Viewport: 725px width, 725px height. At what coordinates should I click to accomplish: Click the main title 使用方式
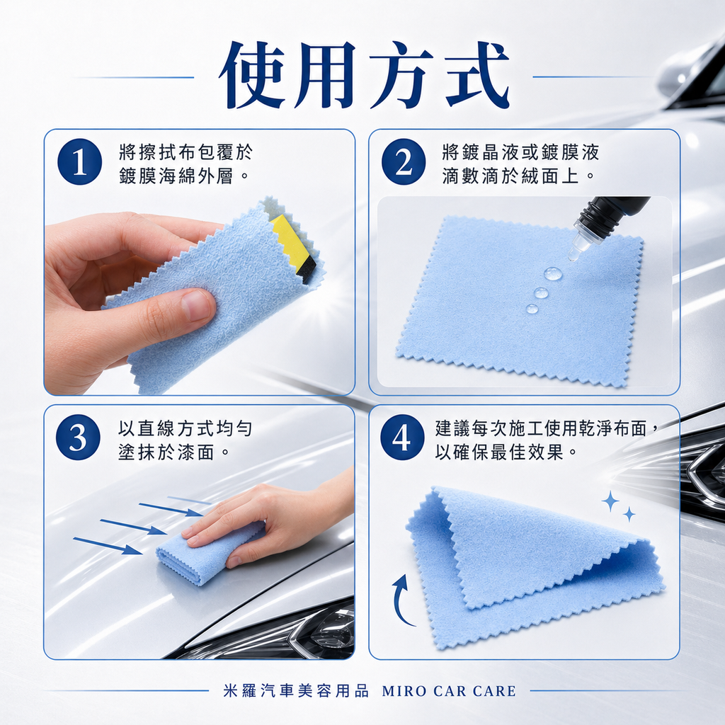click(363, 76)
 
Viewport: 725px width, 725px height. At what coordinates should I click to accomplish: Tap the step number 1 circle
click(79, 162)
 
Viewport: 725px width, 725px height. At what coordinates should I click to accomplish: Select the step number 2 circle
click(403, 162)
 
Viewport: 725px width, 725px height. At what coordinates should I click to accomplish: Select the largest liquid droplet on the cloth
click(553, 273)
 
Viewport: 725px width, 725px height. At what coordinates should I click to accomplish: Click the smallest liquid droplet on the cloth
click(532, 309)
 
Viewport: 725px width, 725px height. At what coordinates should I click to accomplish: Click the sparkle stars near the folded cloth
click(617, 506)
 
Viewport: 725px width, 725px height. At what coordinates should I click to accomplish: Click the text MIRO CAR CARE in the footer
click(449, 691)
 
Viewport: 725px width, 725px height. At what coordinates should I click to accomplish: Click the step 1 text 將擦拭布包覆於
click(185, 152)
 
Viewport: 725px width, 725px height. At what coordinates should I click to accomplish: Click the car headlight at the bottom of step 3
click(319, 634)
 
